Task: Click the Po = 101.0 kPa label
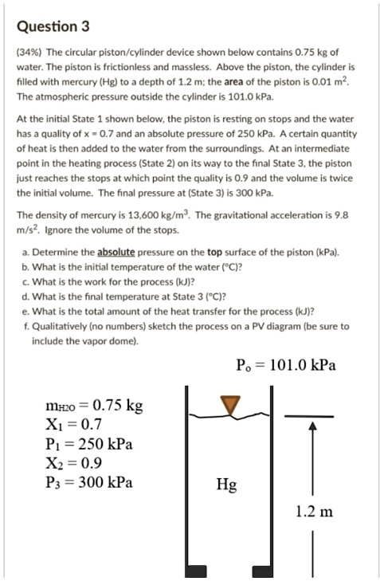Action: (x=286, y=366)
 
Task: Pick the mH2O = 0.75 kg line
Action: (x=95, y=406)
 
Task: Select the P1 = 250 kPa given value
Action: (x=91, y=443)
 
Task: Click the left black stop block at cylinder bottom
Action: (x=194, y=571)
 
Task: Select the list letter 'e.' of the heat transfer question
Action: (x=26, y=311)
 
